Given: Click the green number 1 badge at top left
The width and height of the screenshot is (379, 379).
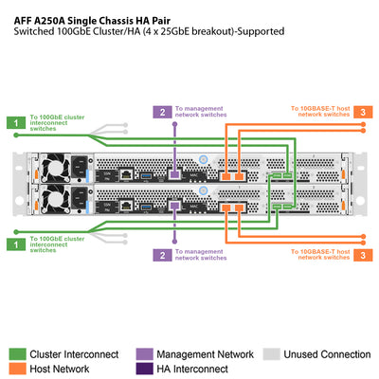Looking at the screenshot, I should (x=14, y=121).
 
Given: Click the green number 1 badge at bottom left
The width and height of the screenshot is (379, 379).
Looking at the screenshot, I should (x=14, y=244).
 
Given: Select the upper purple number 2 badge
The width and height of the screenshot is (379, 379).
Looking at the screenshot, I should (x=162, y=112).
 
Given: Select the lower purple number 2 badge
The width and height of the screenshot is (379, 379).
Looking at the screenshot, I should (x=162, y=255).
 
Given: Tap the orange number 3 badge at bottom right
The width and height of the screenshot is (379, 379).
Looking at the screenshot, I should (x=365, y=254).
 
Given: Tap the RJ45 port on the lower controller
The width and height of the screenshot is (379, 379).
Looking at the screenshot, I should (x=125, y=204).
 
